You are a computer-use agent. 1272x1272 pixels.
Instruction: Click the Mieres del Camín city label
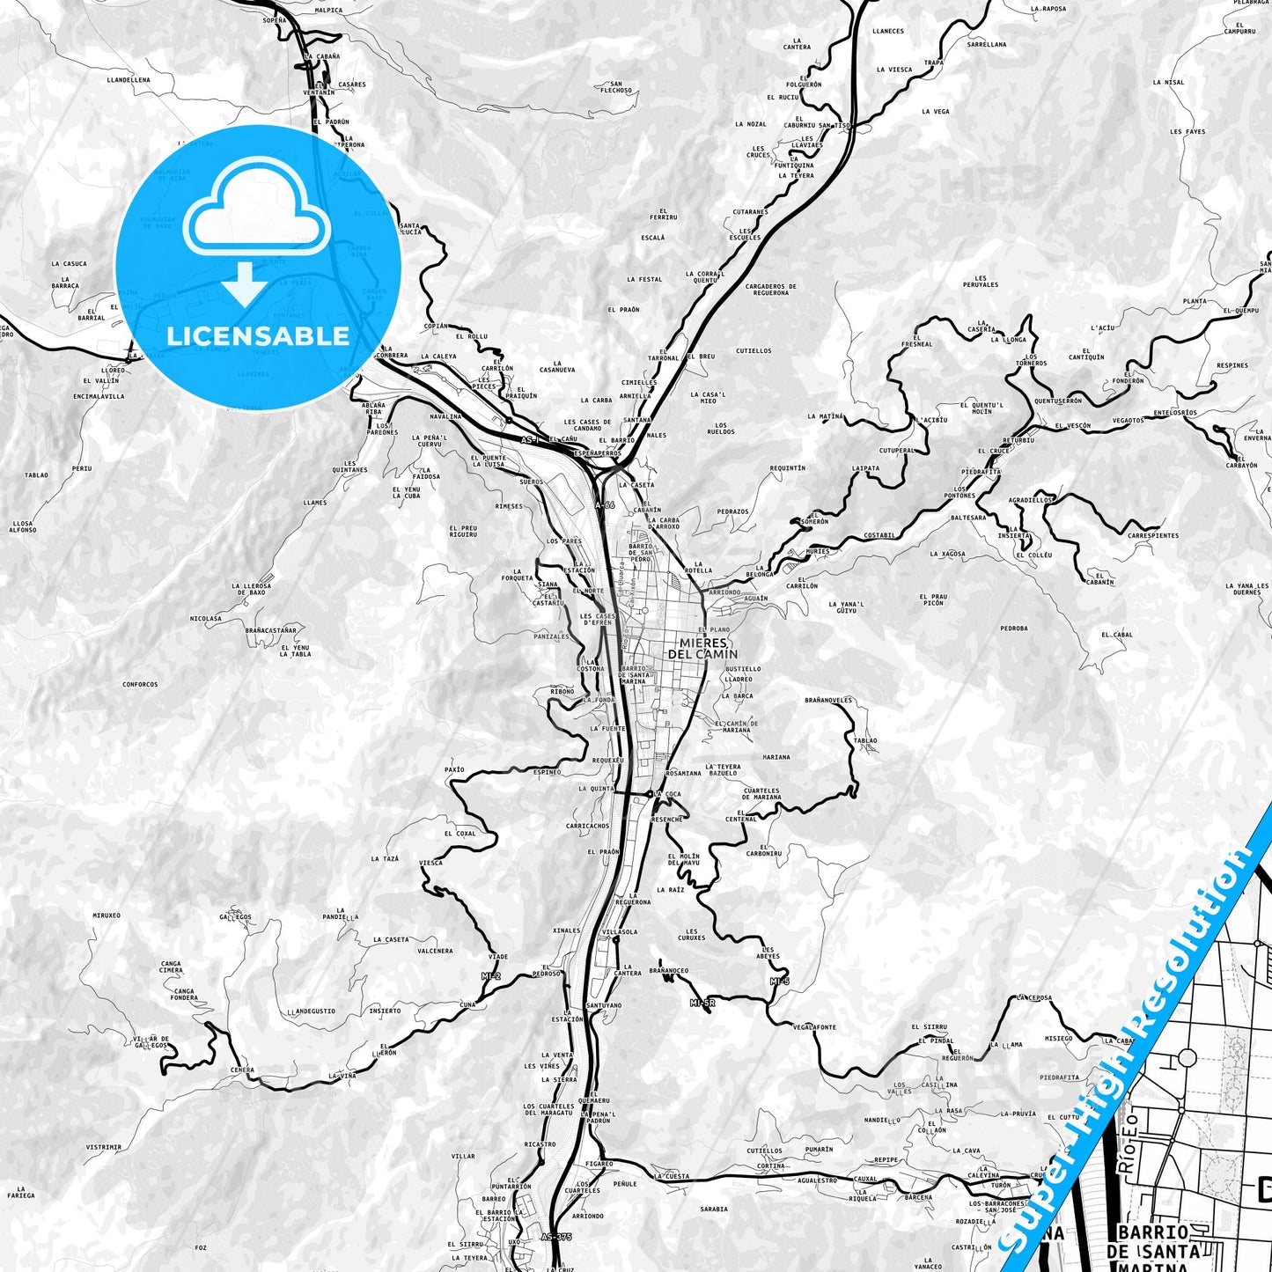702,649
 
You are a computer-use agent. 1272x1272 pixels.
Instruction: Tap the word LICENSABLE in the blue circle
258,335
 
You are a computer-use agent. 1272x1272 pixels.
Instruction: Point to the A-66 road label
605,505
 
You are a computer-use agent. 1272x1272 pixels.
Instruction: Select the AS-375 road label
556,1237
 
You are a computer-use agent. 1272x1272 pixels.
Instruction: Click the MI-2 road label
490,976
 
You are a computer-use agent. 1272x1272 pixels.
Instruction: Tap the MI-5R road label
702,1003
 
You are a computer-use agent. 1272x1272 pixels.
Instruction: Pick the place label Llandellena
129,79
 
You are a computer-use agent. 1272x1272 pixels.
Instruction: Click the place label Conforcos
140,684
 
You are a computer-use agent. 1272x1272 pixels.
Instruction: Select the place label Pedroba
1014,629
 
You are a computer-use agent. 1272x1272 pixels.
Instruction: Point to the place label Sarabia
714,1210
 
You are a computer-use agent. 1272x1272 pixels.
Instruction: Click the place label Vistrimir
104,1148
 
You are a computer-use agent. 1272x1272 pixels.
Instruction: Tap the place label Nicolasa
206,619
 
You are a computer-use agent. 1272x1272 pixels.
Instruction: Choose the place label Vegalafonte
814,1027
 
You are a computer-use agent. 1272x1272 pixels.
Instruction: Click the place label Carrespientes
1153,535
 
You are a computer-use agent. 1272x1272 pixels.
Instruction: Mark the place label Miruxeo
106,915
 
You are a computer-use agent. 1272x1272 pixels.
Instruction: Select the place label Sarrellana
986,43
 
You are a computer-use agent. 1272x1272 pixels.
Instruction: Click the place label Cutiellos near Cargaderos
754,350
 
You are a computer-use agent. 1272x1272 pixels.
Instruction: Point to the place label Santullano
604,1005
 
